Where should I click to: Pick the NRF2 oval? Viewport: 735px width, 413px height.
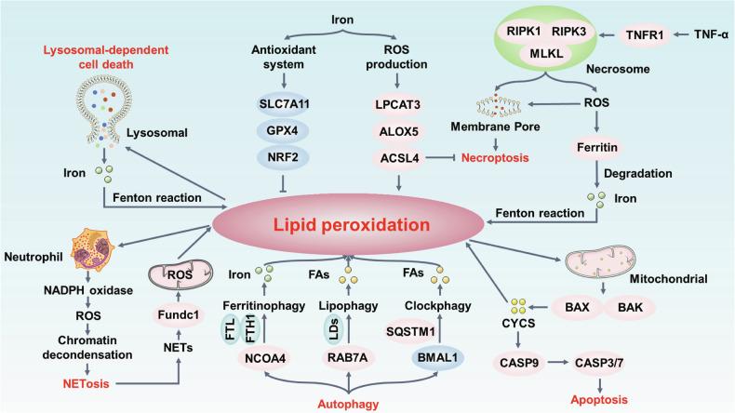pos(281,160)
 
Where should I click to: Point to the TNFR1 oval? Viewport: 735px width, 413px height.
pos(646,34)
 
